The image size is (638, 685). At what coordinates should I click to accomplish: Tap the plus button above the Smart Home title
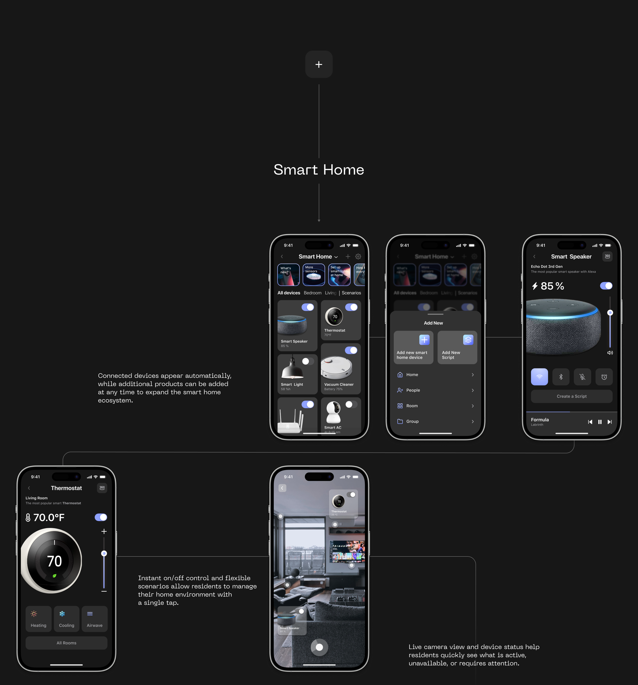click(x=319, y=64)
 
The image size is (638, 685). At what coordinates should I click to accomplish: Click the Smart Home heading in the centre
click(x=319, y=170)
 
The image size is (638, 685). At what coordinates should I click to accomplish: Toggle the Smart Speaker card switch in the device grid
click(x=308, y=307)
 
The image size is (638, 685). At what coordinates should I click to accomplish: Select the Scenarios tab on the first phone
click(x=351, y=293)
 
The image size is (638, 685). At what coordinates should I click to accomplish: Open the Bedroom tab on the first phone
click(x=312, y=293)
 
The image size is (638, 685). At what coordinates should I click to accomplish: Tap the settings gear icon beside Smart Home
click(x=358, y=256)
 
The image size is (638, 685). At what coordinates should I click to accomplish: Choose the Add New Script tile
click(x=457, y=347)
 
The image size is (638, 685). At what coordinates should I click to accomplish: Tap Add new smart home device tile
click(x=413, y=347)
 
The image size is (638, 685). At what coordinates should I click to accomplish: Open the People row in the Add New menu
click(x=435, y=390)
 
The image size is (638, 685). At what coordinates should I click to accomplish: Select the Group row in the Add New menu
click(x=435, y=421)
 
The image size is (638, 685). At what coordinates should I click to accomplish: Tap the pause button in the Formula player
click(x=600, y=422)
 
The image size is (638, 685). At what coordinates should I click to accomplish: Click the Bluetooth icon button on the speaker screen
click(x=561, y=377)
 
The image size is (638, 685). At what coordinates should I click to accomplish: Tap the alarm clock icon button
click(x=604, y=377)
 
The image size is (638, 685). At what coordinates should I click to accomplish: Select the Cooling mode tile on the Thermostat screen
click(x=67, y=619)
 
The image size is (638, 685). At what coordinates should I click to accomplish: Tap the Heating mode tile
click(x=39, y=619)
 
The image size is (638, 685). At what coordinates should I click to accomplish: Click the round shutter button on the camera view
click(x=319, y=647)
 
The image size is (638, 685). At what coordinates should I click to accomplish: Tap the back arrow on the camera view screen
click(x=282, y=488)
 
